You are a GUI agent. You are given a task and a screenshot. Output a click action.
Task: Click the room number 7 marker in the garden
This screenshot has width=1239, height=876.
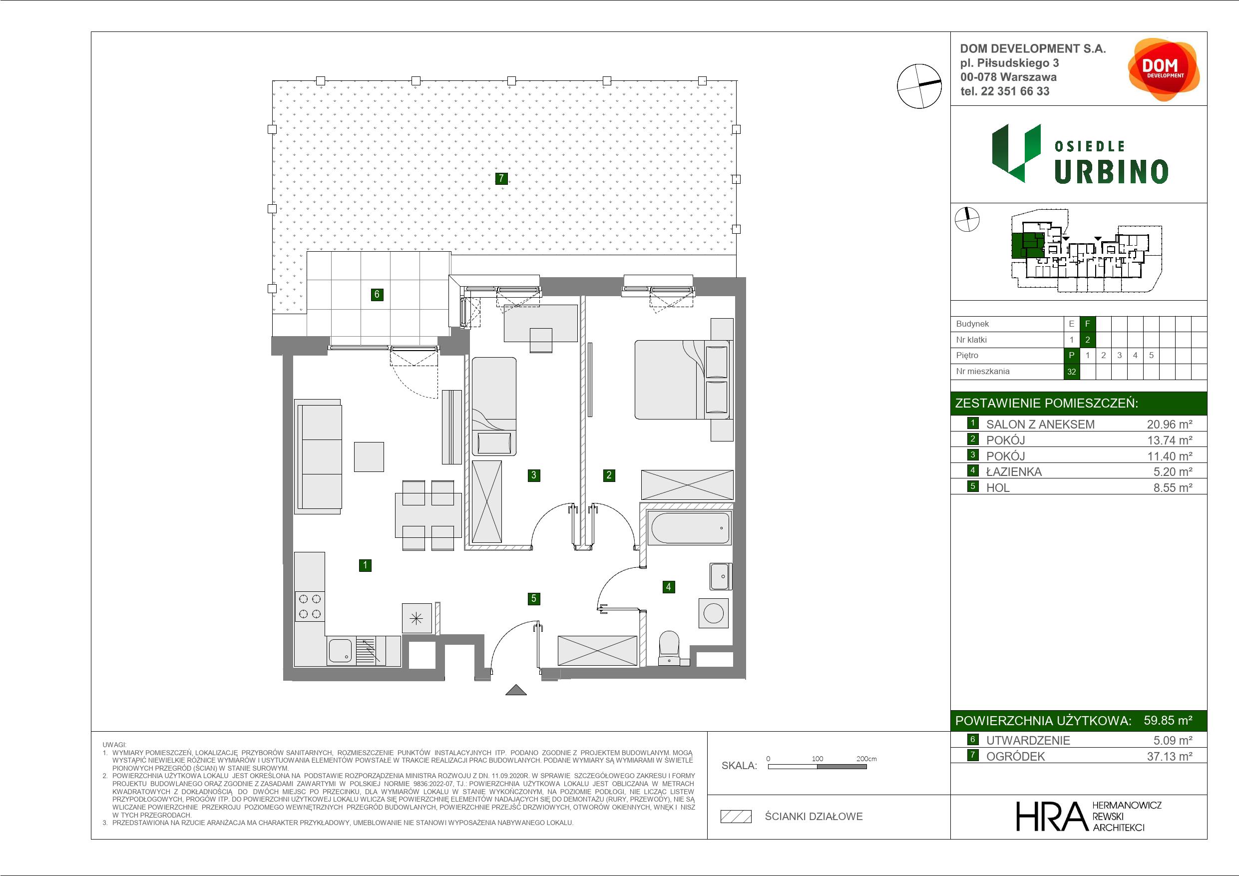(x=501, y=178)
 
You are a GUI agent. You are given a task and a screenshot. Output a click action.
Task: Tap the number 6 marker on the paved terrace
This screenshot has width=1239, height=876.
(x=377, y=294)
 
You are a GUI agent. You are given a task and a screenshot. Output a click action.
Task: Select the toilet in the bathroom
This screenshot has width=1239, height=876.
(x=670, y=648)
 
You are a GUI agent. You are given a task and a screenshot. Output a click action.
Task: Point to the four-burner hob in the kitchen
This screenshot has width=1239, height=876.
(x=310, y=606)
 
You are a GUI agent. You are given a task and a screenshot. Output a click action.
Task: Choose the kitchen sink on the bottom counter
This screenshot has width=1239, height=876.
(x=341, y=651)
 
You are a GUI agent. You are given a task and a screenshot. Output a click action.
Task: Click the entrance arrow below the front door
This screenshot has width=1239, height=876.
(x=516, y=690)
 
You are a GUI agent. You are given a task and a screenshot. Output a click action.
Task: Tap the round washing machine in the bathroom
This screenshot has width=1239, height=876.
(x=714, y=614)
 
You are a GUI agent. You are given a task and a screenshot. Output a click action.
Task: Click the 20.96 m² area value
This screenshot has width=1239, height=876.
(x=1170, y=424)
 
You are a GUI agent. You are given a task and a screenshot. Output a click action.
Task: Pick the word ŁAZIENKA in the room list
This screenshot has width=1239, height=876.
(x=1014, y=472)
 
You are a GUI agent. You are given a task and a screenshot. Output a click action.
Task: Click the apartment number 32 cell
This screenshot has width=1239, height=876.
(x=1072, y=372)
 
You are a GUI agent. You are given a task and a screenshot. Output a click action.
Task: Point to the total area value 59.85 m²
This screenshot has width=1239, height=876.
(x=1168, y=720)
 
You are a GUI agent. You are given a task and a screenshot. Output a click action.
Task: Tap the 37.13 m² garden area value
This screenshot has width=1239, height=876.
(x=1170, y=756)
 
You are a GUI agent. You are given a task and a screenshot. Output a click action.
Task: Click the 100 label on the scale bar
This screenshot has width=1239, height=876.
(x=818, y=758)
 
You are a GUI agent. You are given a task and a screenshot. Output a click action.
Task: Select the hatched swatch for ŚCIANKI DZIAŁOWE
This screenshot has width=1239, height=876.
(x=736, y=817)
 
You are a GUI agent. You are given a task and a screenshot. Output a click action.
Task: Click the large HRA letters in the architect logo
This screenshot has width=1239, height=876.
(x=1050, y=816)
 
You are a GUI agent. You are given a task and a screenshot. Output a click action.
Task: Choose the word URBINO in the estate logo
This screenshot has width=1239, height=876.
(x=1111, y=172)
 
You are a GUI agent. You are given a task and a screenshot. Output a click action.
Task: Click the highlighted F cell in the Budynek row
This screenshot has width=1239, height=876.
(x=1087, y=324)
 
